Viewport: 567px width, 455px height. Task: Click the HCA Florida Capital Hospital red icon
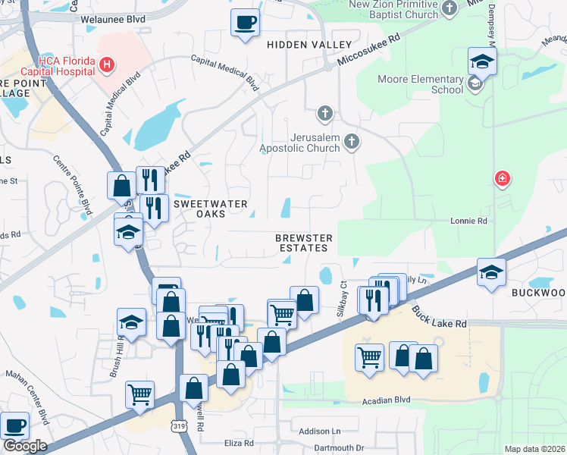click(x=108, y=66)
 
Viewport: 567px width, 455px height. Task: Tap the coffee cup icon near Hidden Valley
click(x=245, y=22)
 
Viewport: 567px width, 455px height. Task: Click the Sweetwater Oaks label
click(x=200, y=209)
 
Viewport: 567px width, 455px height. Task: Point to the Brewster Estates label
click(x=304, y=243)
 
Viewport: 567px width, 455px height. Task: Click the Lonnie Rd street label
click(x=471, y=221)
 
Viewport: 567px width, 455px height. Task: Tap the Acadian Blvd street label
click(x=386, y=400)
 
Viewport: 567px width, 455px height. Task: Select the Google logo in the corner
click(x=25, y=445)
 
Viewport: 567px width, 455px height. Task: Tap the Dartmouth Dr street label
click(x=339, y=448)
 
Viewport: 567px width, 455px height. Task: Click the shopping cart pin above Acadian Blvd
click(x=369, y=355)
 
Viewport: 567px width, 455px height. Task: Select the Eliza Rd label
click(x=238, y=442)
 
